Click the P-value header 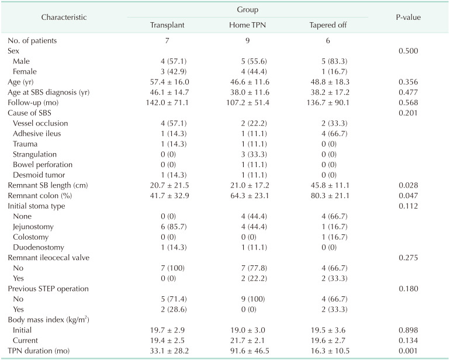click(409, 18)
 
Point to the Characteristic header click(64, 18)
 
